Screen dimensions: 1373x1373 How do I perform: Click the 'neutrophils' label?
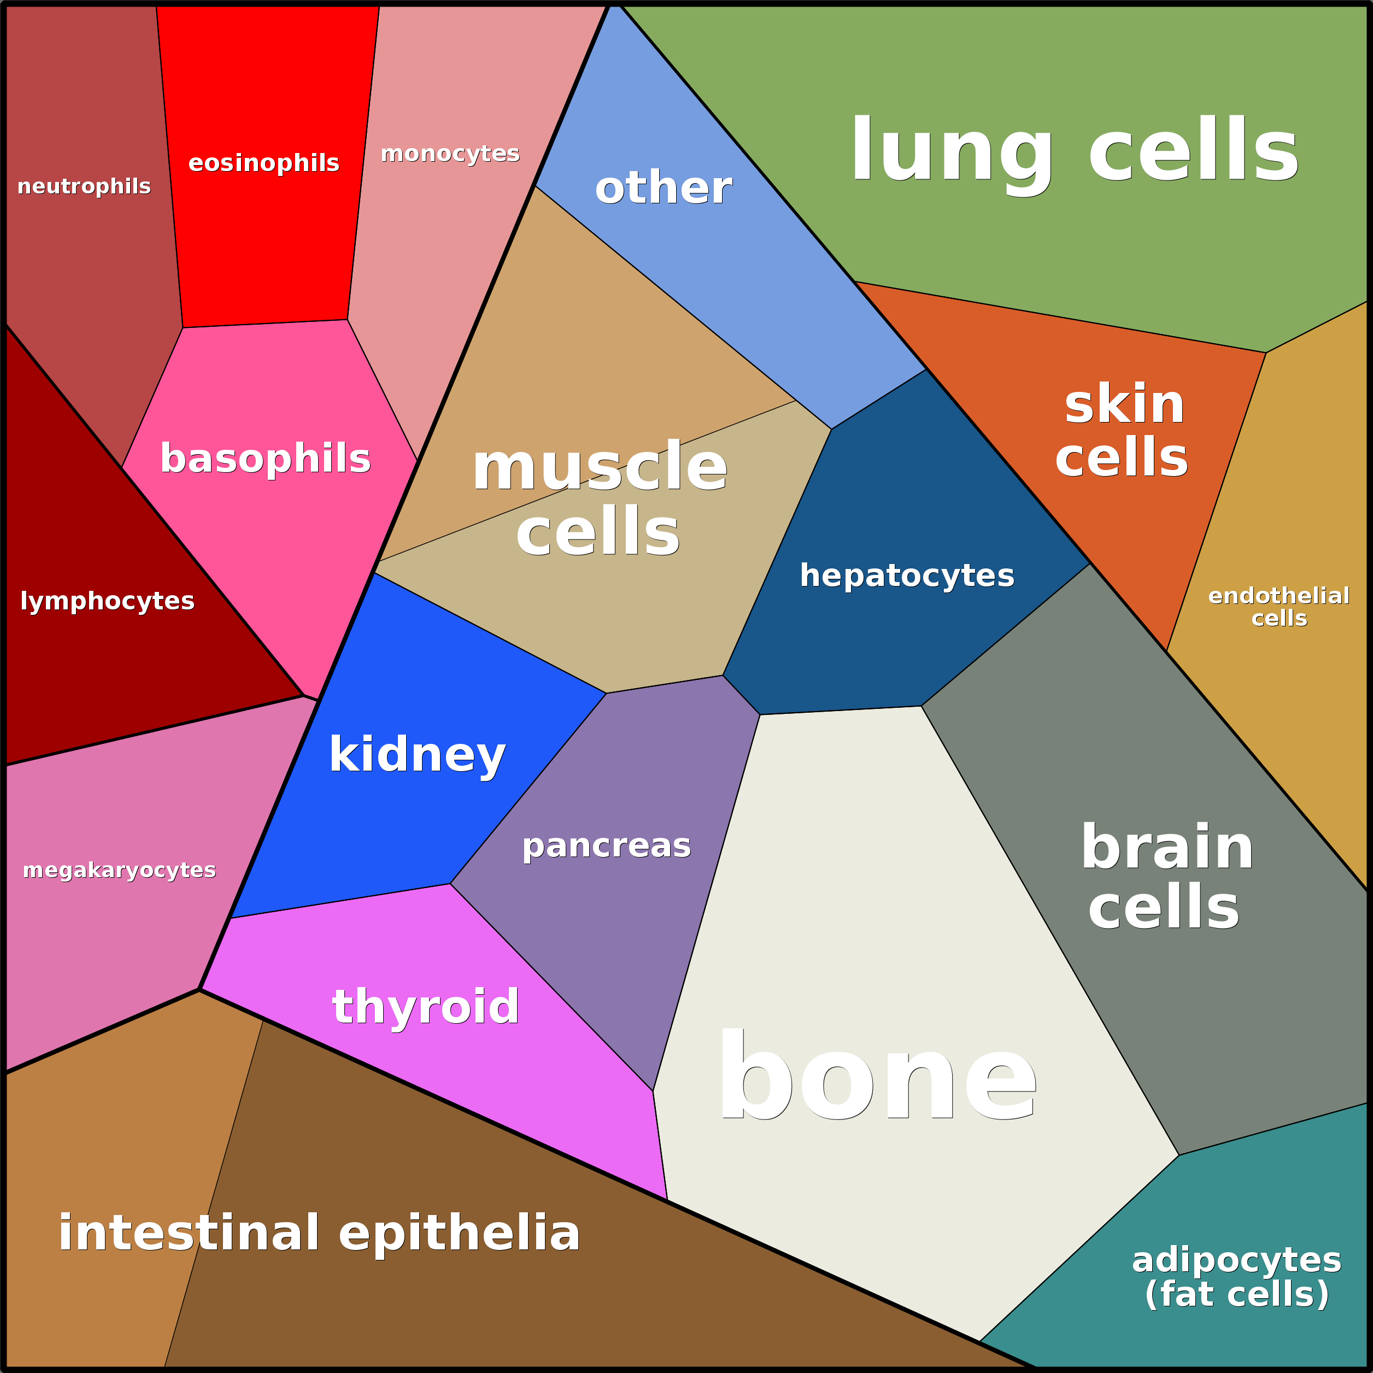click(x=84, y=186)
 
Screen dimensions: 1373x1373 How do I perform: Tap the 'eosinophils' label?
click(x=263, y=163)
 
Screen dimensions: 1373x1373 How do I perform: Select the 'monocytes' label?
click(x=450, y=154)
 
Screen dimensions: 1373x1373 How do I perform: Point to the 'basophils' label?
click(x=265, y=459)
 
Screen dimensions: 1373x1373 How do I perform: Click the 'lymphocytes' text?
click(x=107, y=601)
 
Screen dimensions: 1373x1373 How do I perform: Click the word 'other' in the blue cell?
click(x=663, y=189)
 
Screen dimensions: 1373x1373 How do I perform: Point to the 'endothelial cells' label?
click(x=1278, y=607)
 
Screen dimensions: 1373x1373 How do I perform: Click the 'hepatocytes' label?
click(x=907, y=576)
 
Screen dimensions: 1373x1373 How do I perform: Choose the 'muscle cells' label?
click(x=599, y=500)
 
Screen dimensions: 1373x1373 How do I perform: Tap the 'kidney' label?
click(x=417, y=755)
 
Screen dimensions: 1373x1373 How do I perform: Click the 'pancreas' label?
click(x=606, y=846)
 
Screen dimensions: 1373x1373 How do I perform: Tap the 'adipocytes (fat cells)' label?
click(x=1236, y=1277)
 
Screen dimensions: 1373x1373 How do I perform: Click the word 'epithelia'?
click(x=460, y=1233)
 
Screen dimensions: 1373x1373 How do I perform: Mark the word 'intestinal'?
click(x=189, y=1233)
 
